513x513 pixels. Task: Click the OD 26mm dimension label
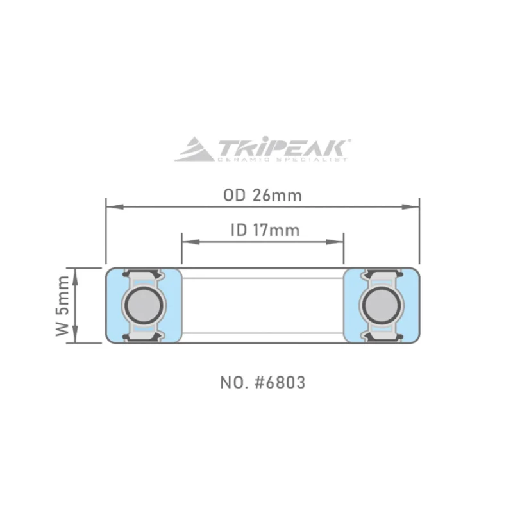[x=262, y=196]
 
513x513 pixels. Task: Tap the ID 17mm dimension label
[x=265, y=230]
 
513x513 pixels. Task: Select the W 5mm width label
[x=62, y=306]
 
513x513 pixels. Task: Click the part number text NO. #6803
[x=263, y=382]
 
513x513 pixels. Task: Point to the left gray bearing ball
[x=144, y=306]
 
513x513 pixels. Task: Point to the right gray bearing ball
[x=382, y=306]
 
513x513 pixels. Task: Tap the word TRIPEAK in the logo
[x=281, y=147]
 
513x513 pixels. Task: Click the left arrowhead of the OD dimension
[x=115, y=206]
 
